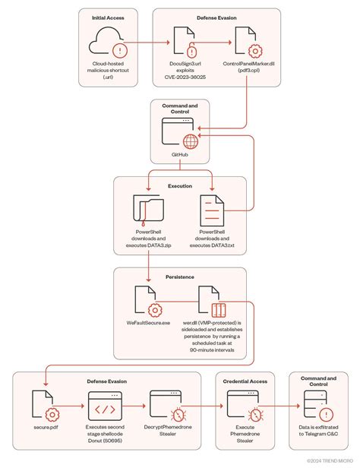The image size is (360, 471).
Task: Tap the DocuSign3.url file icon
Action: pos(183,43)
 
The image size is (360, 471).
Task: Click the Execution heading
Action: pos(180,185)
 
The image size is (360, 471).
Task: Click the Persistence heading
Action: pos(179,277)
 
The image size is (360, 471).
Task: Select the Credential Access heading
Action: pos(247,381)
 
